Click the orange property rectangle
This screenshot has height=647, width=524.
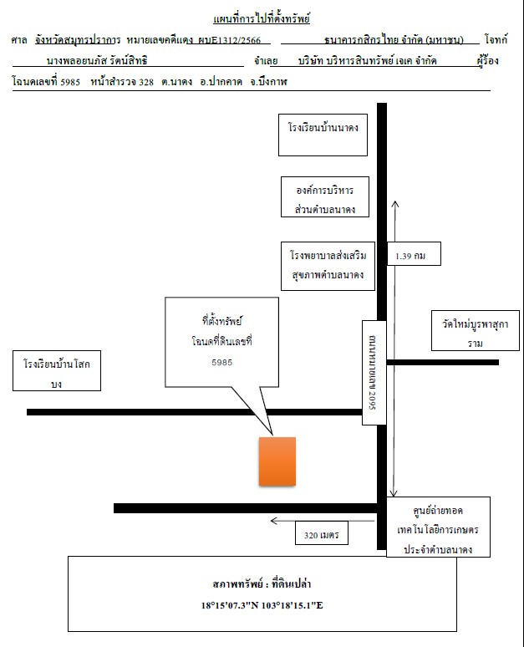[x=277, y=461]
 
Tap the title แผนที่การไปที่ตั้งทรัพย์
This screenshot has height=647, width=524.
[x=262, y=19]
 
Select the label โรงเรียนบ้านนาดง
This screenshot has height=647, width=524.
[x=323, y=128]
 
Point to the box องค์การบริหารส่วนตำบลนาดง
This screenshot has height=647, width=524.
[x=325, y=196]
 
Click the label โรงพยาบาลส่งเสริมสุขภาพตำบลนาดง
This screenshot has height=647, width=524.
[x=328, y=266]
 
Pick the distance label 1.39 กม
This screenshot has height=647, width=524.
[x=410, y=256]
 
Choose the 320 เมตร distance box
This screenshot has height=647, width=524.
[x=322, y=533]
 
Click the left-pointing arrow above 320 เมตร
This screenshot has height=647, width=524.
[x=323, y=521]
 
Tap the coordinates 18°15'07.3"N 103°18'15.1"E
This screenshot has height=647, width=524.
[x=262, y=605]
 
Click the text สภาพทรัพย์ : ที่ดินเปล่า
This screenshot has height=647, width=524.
[x=262, y=583]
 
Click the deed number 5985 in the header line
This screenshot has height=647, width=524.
[x=70, y=82]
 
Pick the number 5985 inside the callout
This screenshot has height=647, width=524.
[x=222, y=362]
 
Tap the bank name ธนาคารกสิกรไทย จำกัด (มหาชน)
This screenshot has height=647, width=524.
[x=394, y=39]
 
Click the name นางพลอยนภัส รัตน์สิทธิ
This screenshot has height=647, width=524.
[x=97, y=61]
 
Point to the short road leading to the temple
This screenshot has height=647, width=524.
[x=443, y=362]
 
